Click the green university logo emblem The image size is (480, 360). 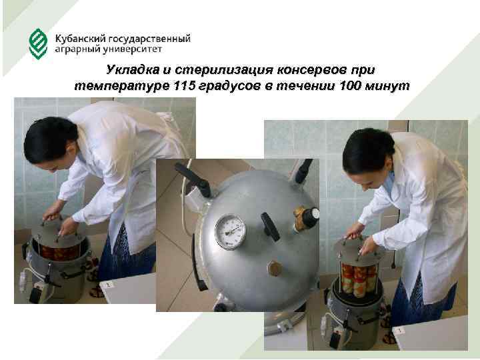click(38, 44)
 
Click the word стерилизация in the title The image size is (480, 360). click(224, 70)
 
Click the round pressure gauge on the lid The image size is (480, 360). click(230, 232)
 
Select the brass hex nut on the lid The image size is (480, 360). click(275, 269)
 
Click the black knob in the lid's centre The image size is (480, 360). click(270, 227)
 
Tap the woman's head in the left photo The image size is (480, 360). click(51, 143)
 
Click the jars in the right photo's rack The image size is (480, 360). click(358, 280)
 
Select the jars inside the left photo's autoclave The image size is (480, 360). click(61, 252)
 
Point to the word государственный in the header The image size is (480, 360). click(150, 39)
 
